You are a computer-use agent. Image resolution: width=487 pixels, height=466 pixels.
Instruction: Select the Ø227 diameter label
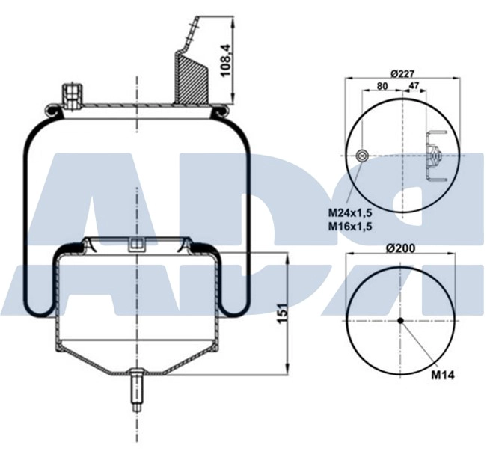402,73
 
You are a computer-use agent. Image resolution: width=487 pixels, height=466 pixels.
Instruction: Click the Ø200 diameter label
402,248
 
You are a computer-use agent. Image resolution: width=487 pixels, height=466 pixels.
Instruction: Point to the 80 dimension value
382,86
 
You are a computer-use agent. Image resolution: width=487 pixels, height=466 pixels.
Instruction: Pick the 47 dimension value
413,86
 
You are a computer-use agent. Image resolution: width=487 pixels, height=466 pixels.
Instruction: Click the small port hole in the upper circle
362,156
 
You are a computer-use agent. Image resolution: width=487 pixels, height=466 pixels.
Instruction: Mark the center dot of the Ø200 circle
401,321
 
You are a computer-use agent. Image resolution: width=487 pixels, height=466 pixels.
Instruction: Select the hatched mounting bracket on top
191,75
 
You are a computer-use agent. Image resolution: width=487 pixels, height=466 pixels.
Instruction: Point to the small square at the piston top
136,243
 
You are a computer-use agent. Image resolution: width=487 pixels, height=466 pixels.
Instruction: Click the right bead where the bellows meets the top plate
218,112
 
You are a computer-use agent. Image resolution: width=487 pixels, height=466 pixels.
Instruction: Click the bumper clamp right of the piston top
200,247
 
